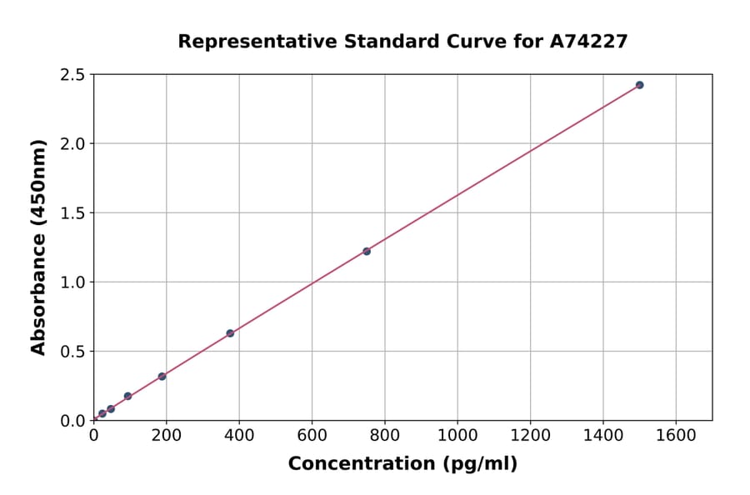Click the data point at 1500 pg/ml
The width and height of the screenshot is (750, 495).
[639, 85]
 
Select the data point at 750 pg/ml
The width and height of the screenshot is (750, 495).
[367, 251]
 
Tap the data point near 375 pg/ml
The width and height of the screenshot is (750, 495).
[230, 333]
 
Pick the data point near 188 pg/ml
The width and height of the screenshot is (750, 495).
[162, 377]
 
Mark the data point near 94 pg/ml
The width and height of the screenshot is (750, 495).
[127, 396]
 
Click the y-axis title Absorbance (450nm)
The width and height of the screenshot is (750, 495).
[38, 247]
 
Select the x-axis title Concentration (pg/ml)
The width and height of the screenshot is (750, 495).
[402, 464]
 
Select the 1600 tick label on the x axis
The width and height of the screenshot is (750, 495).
[676, 435]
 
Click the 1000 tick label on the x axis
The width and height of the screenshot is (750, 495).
[457, 435]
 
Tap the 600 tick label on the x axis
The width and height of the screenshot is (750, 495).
[312, 435]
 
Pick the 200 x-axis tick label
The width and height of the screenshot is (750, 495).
[166, 435]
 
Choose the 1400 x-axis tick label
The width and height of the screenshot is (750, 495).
[603, 435]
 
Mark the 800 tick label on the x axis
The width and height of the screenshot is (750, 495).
[385, 435]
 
